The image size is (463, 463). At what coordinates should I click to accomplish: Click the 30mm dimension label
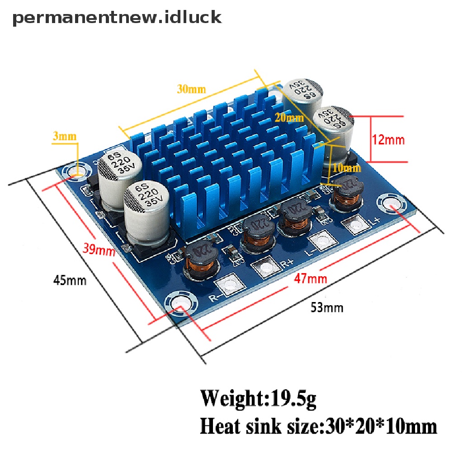[191, 89]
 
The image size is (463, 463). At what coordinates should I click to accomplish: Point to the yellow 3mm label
[65, 136]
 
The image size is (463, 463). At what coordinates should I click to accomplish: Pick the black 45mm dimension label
[70, 280]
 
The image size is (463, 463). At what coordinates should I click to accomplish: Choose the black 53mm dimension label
[326, 308]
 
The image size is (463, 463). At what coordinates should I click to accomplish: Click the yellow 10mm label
[347, 168]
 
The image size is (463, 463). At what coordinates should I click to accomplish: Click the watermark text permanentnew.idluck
[117, 18]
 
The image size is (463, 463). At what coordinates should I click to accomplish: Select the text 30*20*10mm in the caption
[381, 426]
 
